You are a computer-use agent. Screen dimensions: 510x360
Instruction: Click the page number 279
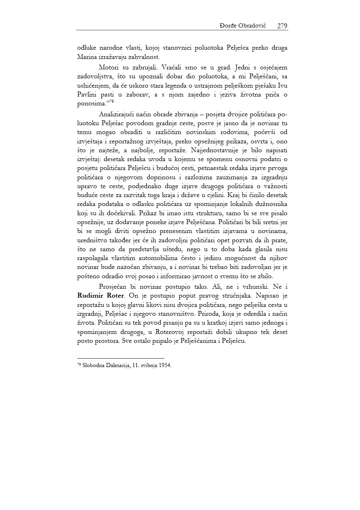282,26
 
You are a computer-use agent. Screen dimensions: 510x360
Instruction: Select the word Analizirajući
119,113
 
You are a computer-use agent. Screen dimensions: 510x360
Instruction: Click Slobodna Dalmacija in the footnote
101,365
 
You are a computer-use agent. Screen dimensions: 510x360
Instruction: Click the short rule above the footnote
120,358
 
